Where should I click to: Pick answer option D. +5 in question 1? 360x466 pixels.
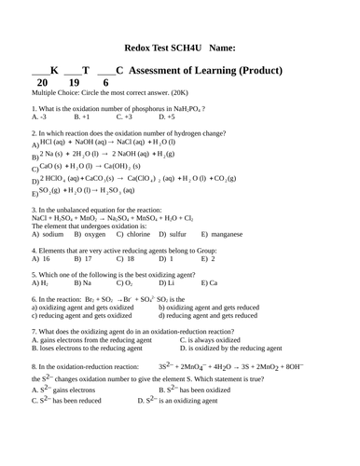point(168,117)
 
